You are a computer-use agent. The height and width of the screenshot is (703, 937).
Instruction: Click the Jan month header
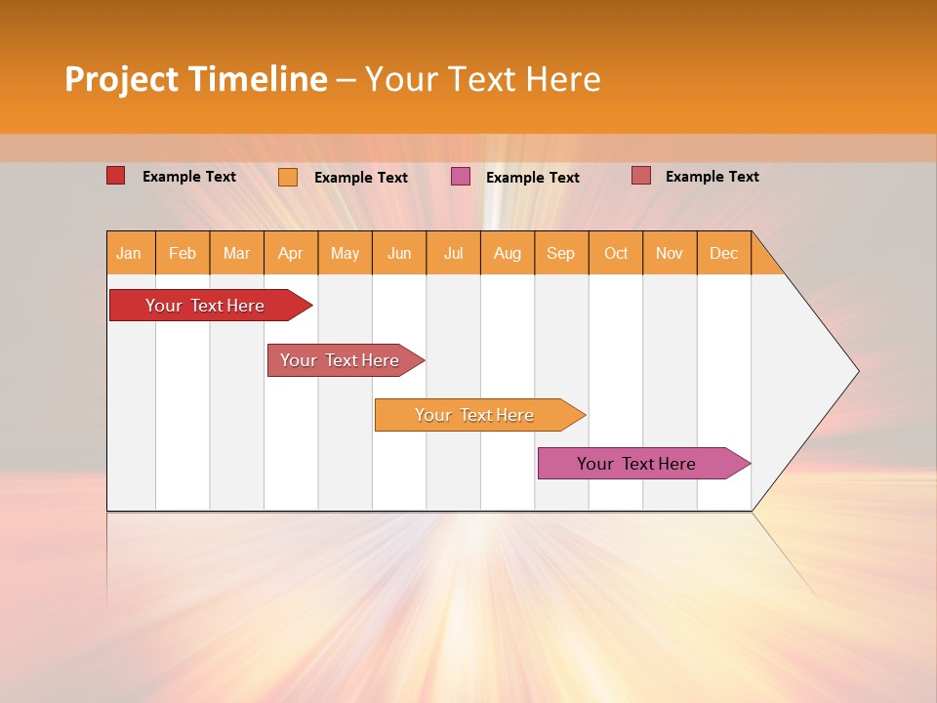[129, 253]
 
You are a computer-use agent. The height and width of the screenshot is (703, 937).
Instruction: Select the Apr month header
[291, 253]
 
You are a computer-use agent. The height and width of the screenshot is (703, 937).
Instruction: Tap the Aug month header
[508, 253]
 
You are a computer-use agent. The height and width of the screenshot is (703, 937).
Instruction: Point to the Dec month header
[723, 253]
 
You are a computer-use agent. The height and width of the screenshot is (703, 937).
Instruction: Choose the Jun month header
[399, 253]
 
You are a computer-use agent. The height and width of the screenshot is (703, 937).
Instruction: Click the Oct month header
[616, 253]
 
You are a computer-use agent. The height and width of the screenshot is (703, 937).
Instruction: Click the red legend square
[115, 176]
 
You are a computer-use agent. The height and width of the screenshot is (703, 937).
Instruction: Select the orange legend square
[287, 177]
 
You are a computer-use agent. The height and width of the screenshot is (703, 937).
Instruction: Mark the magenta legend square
[461, 177]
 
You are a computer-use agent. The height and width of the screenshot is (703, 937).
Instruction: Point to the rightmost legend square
[640, 176]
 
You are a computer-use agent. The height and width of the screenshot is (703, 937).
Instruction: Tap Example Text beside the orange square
[360, 177]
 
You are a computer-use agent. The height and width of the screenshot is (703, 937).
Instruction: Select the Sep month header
[560, 253]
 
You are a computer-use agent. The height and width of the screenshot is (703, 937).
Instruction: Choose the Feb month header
[183, 253]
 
